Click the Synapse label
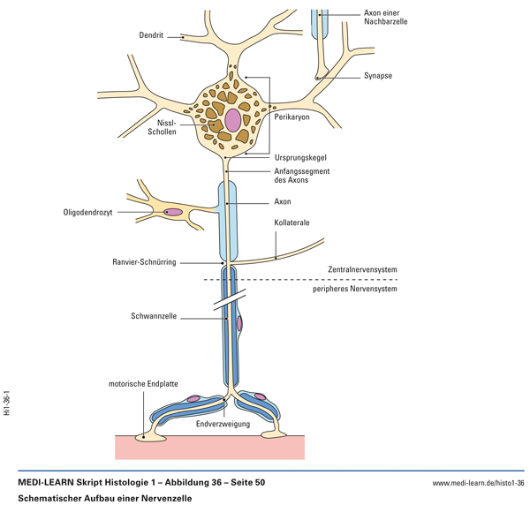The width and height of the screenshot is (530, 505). coord(377,76)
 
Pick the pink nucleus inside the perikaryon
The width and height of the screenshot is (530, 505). coord(232,119)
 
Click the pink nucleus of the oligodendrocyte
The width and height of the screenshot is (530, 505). coord(173,213)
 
